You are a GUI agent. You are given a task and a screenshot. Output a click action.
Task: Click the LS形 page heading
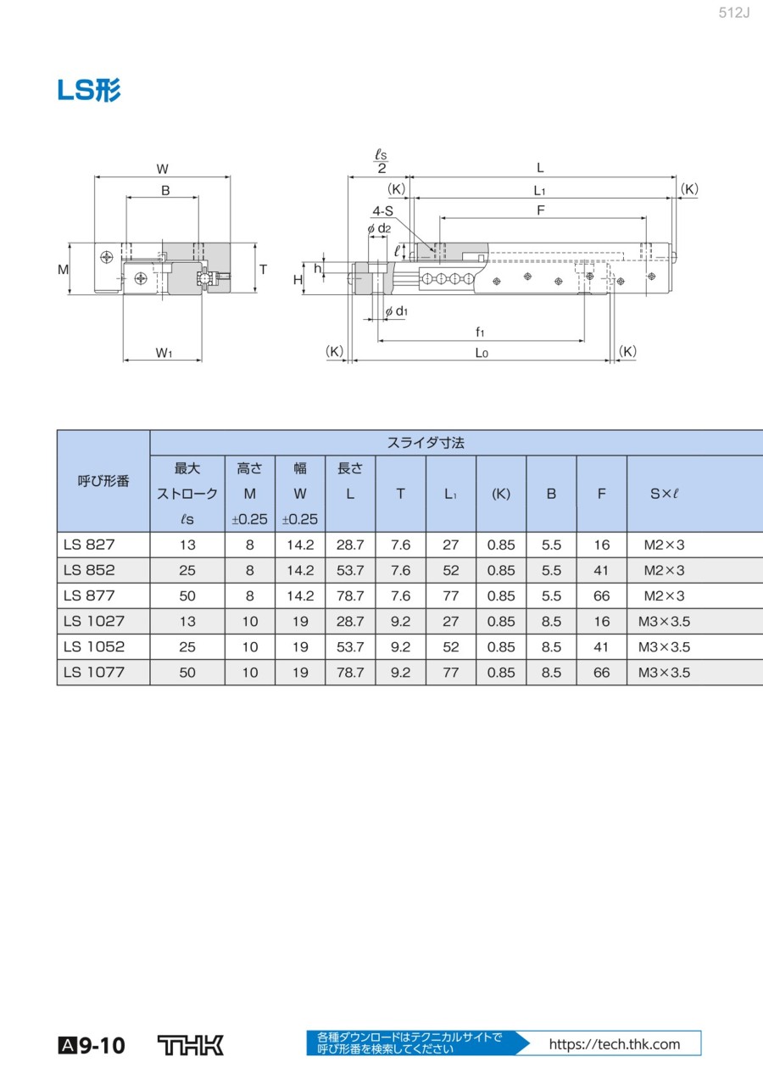click(88, 90)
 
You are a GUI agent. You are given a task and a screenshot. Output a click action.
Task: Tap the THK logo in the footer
click(191, 1045)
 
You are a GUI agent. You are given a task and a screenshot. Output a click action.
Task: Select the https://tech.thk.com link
click(615, 1044)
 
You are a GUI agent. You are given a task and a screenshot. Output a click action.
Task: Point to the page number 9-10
click(102, 1046)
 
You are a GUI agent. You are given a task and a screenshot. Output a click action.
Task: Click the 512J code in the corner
click(734, 13)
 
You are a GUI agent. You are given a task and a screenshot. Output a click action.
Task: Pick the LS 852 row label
click(89, 570)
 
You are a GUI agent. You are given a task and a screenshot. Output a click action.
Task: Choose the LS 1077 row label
click(94, 672)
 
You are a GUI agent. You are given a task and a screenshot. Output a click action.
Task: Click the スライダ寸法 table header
click(426, 443)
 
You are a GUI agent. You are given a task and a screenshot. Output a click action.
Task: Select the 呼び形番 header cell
click(103, 481)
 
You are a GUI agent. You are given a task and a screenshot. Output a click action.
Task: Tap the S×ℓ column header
click(665, 494)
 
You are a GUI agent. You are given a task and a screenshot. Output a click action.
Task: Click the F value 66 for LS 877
click(602, 595)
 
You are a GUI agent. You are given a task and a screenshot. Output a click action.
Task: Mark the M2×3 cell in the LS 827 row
click(665, 545)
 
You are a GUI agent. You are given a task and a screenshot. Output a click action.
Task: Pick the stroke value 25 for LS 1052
click(187, 647)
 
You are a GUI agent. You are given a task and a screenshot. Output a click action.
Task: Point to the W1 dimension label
click(164, 353)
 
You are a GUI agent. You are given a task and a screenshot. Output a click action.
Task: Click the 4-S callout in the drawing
click(382, 211)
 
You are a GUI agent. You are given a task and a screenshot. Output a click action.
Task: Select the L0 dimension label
click(482, 353)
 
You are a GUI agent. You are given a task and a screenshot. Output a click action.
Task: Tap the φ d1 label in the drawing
click(396, 311)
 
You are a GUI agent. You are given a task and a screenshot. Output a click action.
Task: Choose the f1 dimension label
click(480, 332)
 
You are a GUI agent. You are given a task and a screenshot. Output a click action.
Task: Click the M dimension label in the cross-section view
click(63, 270)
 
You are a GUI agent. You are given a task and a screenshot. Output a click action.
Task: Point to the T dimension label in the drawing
click(263, 270)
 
